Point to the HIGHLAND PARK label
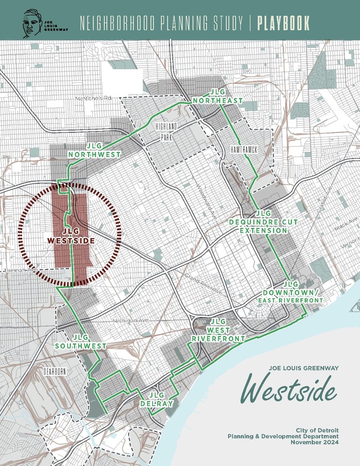click(x=167, y=131)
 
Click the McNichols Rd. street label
click(x=94, y=98)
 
